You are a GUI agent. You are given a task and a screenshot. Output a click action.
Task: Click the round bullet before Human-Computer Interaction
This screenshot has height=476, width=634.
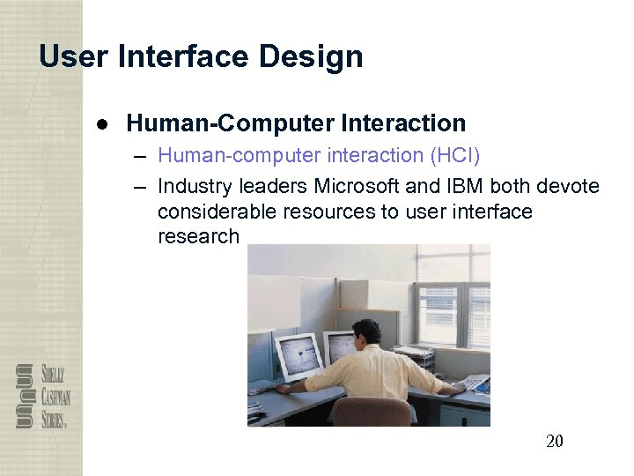[x=103, y=124]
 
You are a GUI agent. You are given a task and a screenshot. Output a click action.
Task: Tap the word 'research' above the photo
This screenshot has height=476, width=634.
[x=198, y=236]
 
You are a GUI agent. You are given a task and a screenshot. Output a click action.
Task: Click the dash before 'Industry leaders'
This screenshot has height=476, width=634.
[x=140, y=187]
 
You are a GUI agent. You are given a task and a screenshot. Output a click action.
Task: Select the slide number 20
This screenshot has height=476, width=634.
[x=554, y=441]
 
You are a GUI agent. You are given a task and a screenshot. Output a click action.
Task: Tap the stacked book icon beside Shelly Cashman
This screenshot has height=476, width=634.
[x=25, y=396]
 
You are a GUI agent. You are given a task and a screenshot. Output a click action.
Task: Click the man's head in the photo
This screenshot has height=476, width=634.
[x=366, y=333]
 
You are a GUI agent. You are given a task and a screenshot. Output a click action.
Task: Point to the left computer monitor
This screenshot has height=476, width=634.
[x=297, y=353]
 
